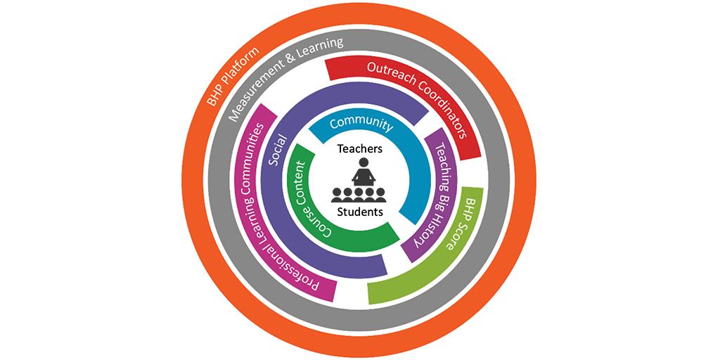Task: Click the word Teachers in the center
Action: (x=359, y=149)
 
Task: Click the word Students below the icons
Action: (x=359, y=212)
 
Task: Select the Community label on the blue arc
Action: (x=361, y=122)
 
